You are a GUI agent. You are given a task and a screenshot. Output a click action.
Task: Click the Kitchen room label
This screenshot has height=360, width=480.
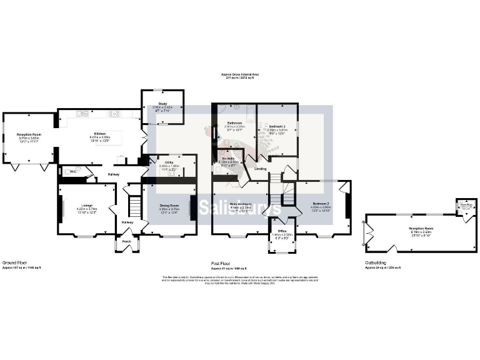[x=99, y=133]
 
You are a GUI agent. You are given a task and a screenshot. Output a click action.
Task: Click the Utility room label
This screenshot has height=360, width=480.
[x=166, y=162]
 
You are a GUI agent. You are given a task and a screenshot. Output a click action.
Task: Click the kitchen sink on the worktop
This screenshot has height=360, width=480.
[x=82, y=114]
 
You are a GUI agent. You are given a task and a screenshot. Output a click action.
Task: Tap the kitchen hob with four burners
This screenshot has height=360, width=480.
[x=115, y=114]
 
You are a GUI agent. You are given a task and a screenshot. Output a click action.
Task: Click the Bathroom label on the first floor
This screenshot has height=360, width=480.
[x=234, y=123]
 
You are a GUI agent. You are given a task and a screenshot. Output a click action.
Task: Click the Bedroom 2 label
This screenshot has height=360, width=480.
[x=321, y=204]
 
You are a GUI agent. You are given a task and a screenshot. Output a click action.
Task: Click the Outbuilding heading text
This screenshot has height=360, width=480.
[x=375, y=263]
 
